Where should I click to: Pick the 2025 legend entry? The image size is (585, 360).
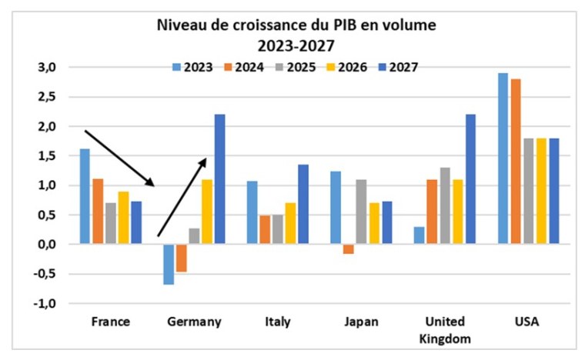coord(296,67)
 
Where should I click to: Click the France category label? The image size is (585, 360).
coord(109,322)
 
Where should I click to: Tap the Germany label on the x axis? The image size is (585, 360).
coord(194,322)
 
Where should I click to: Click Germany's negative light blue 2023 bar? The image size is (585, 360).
coord(169,264)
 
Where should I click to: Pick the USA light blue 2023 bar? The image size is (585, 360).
coord(502,158)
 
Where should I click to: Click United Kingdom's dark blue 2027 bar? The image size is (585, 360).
coord(471,178)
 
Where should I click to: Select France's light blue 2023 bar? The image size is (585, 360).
coord(84,196)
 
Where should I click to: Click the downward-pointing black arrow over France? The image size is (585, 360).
coord(119,158)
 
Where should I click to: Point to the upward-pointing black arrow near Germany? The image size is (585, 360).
coord(182,198)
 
